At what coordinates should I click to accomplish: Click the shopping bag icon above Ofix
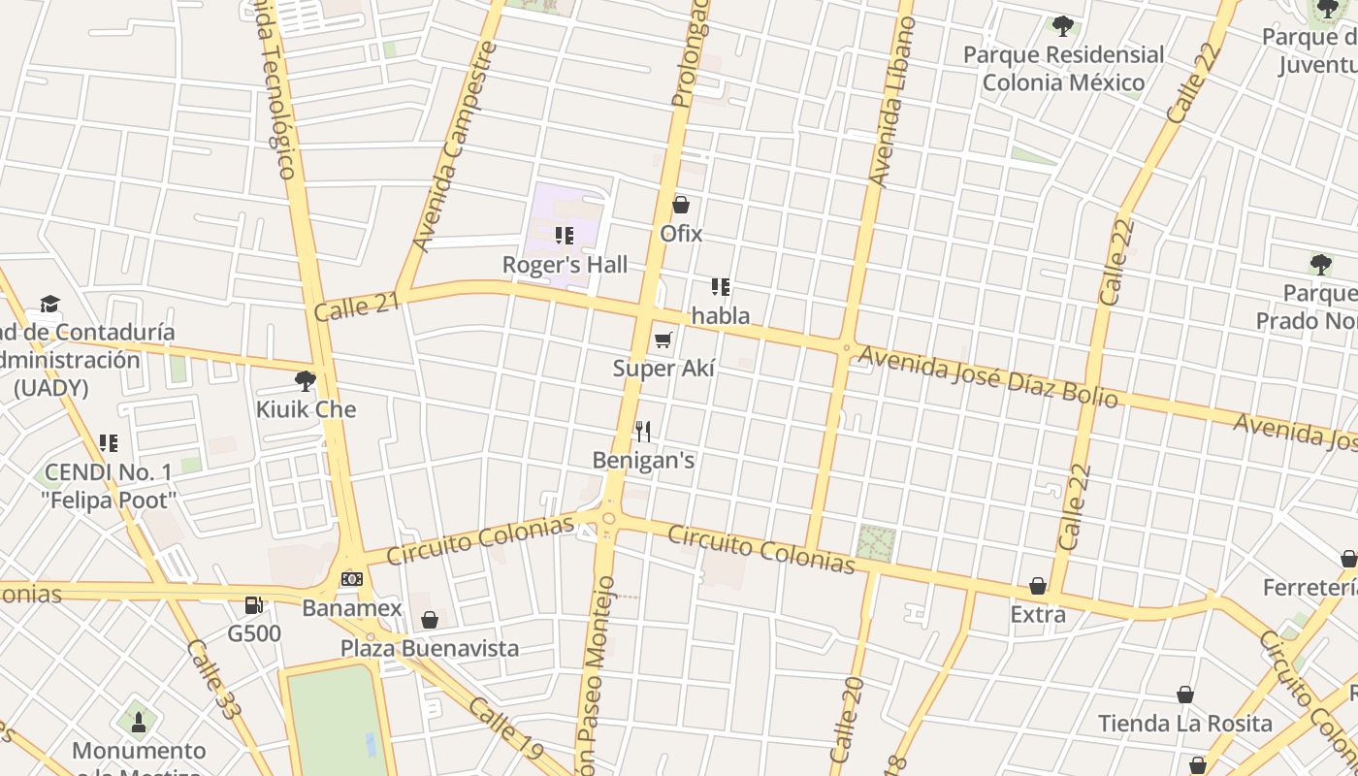click(x=681, y=205)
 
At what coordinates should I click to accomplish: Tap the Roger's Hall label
click(x=565, y=265)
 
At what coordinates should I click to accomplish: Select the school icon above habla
click(x=720, y=287)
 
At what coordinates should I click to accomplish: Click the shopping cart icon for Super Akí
click(x=663, y=339)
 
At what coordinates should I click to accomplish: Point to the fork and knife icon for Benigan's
click(x=643, y=432)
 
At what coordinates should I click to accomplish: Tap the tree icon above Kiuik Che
click(x=306, y=381)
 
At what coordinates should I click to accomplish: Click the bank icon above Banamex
click(x=351, y=579)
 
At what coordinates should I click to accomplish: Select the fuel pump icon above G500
click(x=254, y=605)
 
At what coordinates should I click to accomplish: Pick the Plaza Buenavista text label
click(x=430, y=648)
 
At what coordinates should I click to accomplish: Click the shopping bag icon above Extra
click(x=1038, y=586)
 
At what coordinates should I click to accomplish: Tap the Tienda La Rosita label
click(x=1185, y=724)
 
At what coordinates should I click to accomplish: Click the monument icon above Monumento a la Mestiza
click(x=138, y=722)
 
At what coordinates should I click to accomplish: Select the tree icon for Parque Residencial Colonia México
click(x=1063, y=26)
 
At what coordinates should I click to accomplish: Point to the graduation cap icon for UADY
click(x=49, y=305)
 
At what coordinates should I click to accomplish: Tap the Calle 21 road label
click(x=357, y=307)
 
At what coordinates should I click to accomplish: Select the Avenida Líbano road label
click(x=892, y=102)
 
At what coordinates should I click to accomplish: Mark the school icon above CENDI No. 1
click(x=109, y=443)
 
